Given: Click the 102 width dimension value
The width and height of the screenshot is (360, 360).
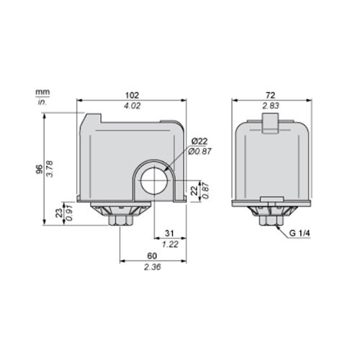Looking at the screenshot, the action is coord(132,95).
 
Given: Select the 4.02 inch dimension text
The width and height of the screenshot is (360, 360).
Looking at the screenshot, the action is coord(132,106).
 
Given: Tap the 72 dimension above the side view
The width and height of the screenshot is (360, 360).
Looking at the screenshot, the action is coord(271,95).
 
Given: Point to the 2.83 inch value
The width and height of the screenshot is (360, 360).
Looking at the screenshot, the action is coord(271,106).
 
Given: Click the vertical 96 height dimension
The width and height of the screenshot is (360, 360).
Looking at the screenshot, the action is coord(40,169).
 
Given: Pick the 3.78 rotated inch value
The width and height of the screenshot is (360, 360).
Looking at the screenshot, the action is coord(50,169).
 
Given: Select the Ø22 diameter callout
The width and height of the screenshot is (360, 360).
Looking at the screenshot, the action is coord(199,141).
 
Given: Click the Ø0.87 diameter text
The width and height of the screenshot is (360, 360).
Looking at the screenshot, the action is coord(199,151).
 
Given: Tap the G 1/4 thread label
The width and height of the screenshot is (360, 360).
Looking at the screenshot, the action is coord(300,233).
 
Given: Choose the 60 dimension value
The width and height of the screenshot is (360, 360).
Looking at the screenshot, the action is coord(152,256).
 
